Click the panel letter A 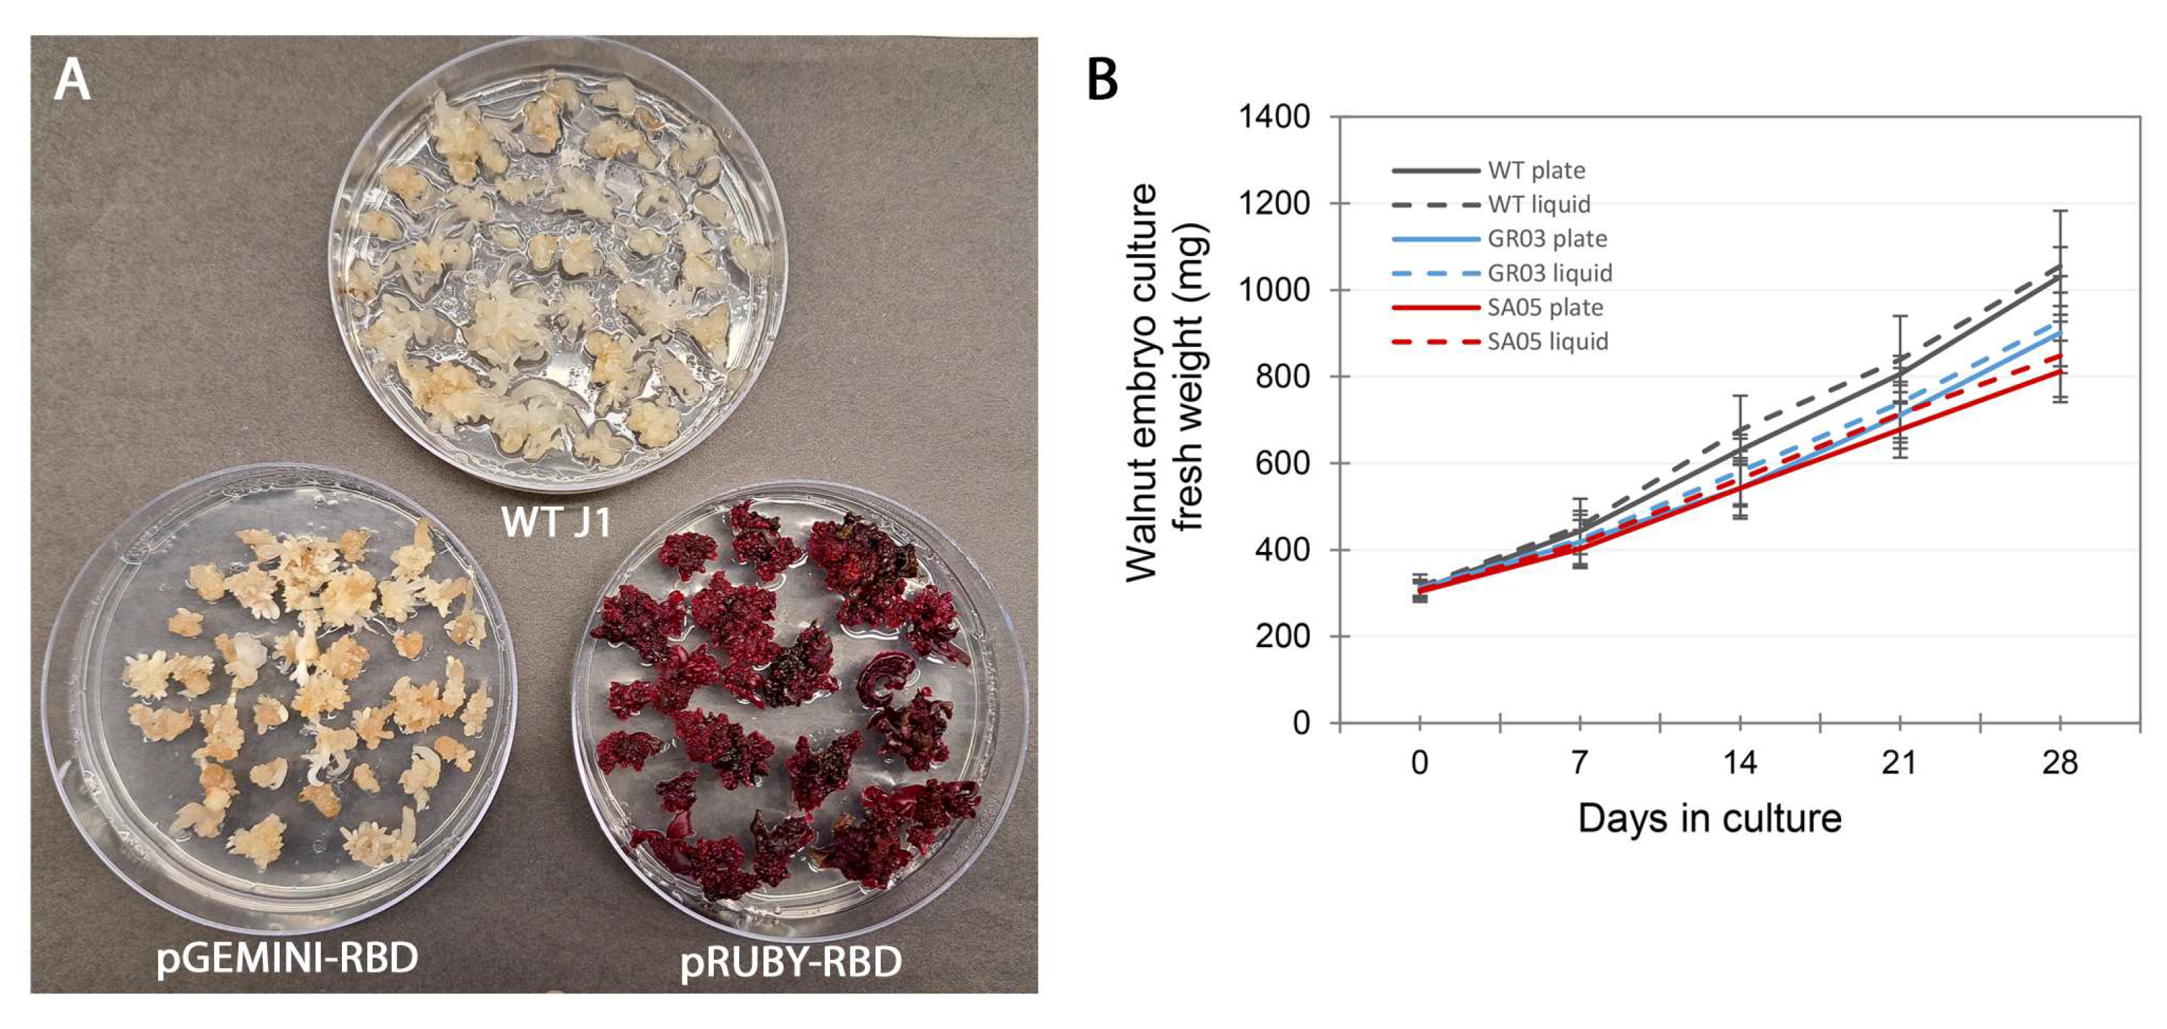(72, 82)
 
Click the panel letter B (1103, 80)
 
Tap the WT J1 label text (556, 522)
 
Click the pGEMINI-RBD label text (287, 958)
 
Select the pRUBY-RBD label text (791, 962)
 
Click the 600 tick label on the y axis (1282, 464)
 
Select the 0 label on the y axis (1301, 723)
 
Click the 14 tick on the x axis (1740, 763)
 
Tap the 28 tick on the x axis (2059, 763)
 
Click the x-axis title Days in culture (1710, 818)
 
